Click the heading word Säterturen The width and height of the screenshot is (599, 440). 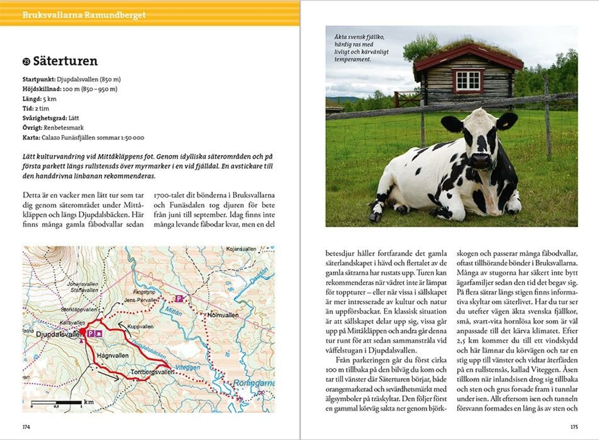(x=65, y=61)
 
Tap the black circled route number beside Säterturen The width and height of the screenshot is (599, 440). (x=26, y=62)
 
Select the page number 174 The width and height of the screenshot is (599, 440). (x=26, y=427)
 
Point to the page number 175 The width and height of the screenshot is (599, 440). (x=574, y=427)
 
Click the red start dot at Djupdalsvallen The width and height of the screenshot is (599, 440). (x=82, y=331)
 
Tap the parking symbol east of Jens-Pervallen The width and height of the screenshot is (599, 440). (x=179, y=299)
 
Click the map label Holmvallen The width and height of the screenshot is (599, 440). (x=223, y=315)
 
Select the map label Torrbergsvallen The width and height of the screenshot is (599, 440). (x=152, y=372)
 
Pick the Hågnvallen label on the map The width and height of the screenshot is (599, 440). (x=113, y=355)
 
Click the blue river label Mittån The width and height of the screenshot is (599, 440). (x=173, y=311)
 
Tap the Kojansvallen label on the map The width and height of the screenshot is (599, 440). (x=241, y=249)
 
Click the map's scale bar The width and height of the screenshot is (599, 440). (x=56, y=402)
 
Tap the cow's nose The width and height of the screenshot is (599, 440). (x=481, y=161)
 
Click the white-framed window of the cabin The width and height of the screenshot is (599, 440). (x=468, y=81)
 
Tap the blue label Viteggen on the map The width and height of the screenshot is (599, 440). (x=188, y=367)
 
